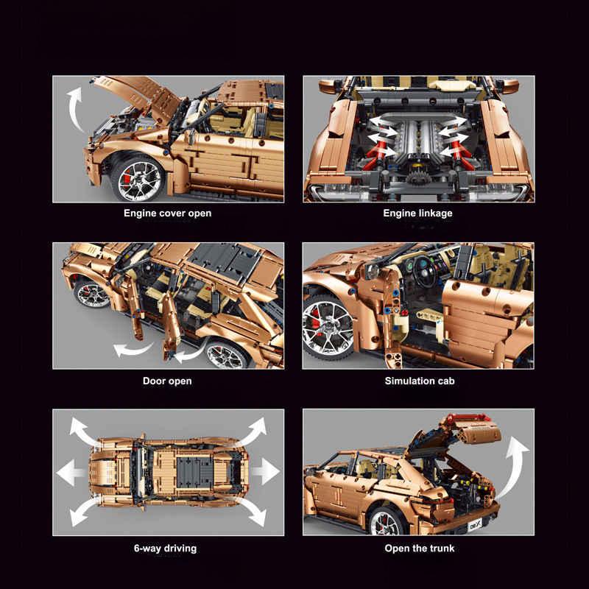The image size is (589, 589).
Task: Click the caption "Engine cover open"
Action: tap(168, 214)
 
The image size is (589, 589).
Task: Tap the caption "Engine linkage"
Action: tap(417, 214)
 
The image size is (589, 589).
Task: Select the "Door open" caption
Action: tap(167, 381)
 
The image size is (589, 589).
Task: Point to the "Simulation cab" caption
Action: tap(420, 381)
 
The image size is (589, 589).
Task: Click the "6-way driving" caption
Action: tap(165, 549)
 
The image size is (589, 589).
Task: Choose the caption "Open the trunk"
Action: tap(420, 549)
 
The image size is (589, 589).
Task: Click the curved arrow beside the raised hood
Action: tap(74, 109)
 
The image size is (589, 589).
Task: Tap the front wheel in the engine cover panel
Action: tap(138, 180)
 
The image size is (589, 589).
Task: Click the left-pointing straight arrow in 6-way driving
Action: tap(71, 472)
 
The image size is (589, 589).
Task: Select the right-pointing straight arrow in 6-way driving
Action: tap(266, 471)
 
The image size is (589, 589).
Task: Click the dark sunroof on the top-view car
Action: tap(194, 472)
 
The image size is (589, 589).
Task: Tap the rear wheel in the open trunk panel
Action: tap(385, 522)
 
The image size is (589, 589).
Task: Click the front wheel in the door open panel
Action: tap(91, 293)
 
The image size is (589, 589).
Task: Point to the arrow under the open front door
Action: tap(133, 349)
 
